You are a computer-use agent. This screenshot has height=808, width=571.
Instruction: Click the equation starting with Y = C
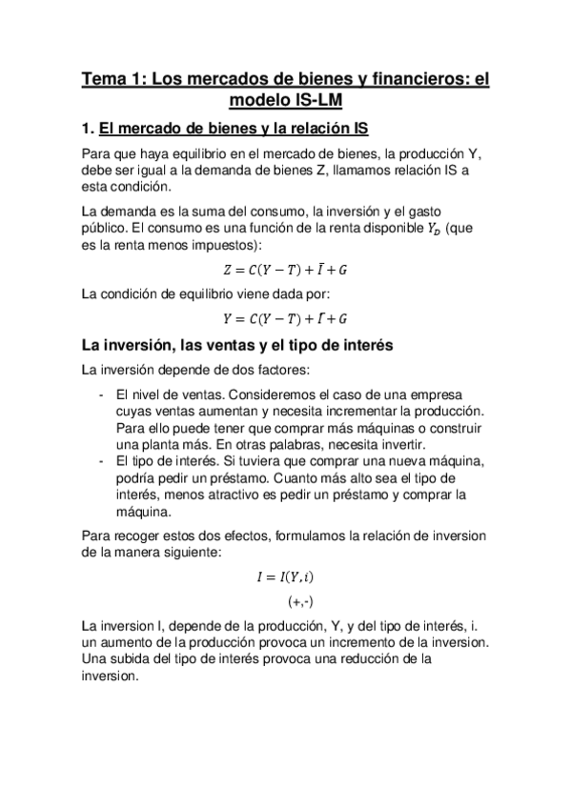coord(285,317)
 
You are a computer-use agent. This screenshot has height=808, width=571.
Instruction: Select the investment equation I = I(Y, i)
coord(285,576)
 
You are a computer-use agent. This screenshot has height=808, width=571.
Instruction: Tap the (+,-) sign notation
coord(300,602)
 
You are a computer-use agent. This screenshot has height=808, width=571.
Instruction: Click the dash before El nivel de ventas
coord(101,394)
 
